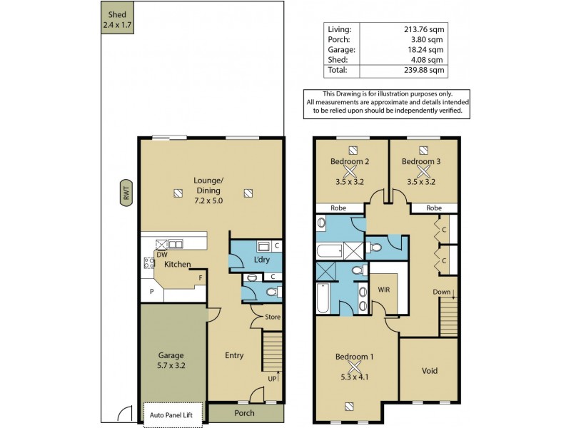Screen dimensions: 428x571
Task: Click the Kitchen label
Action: coord(177,265)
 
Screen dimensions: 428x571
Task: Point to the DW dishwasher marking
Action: coord(161,255)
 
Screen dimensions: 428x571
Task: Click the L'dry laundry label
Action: coord(262,260)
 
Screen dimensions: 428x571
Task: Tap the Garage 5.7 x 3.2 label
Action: coord(171,360)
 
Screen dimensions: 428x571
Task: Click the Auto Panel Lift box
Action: coord(173,412)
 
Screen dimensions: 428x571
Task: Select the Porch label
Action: coord(244,413)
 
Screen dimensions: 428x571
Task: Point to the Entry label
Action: coord(234,356)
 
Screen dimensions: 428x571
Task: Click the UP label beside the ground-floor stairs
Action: coord(271,378)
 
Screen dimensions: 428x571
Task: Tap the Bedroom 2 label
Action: coord(350,162)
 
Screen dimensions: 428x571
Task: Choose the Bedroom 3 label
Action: coord(421,162)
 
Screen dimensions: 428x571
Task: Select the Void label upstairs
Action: coord(429,371)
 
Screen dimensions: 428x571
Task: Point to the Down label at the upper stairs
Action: coord(442,292)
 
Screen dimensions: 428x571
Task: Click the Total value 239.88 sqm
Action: coord(426,71)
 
